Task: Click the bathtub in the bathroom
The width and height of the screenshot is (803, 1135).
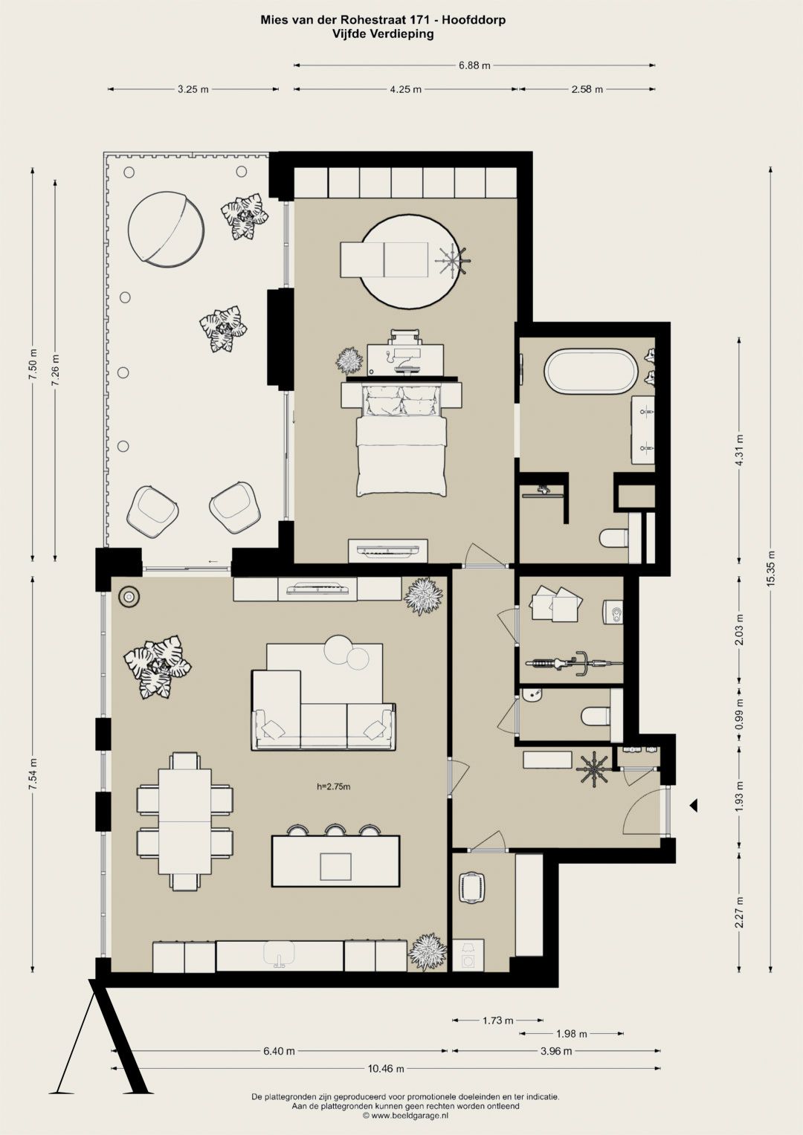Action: (590, 372)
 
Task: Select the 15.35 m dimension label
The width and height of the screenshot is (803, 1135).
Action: (770, 568)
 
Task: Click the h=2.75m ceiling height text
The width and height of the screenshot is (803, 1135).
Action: (334, 786)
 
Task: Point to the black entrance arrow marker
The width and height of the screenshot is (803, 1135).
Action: (692, 805)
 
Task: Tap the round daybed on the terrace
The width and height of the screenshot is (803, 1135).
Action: (166, 228)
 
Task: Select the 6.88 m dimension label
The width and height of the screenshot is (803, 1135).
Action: (474, 65)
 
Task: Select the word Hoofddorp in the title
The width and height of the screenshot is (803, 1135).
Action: (474, 20)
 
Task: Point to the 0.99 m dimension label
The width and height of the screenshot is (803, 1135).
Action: (740, 713)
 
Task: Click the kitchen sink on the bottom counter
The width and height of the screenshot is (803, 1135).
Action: (279, 954)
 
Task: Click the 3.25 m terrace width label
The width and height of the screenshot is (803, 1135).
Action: (193, 90)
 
